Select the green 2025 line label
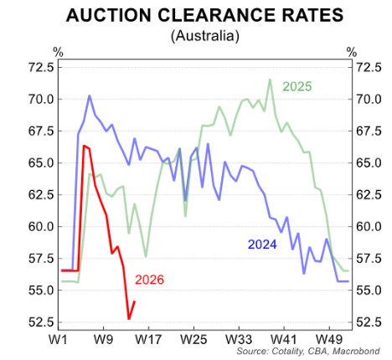click(297, 86)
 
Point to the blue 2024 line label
click(262, 244)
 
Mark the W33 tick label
click(240, 341)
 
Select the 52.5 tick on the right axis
click(371, 322)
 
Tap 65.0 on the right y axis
click(371, 163)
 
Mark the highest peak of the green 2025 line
click(270, 80)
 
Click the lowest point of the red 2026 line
click(129, 319)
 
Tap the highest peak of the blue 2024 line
click(89, 95)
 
